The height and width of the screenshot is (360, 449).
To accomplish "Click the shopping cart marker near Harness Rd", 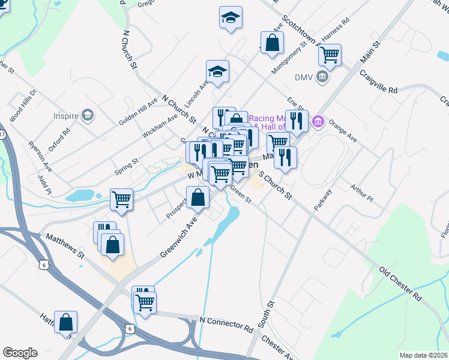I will tap(330, 55).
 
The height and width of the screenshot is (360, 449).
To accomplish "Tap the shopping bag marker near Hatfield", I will tap(65, 322).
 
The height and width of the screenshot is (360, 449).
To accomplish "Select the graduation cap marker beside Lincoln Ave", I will tap(217, 72).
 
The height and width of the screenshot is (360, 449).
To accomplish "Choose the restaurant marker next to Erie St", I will tap(297, 121).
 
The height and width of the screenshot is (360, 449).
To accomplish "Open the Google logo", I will tap(20, 353).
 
